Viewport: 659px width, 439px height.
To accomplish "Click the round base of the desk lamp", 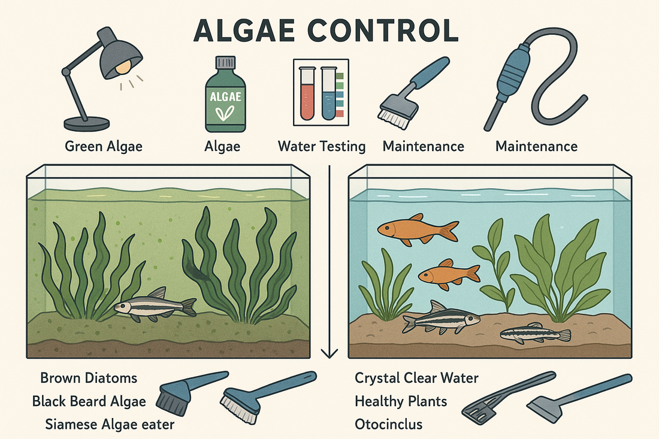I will click(x=86, y=123).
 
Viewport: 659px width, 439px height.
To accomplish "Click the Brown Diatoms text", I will click(x=89, y=378).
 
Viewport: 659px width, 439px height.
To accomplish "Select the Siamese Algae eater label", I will click(x=110, y=425).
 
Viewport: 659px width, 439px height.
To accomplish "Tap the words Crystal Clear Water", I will click(x=416, y=378).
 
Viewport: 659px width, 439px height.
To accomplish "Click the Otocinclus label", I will click(x=388, y=425).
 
